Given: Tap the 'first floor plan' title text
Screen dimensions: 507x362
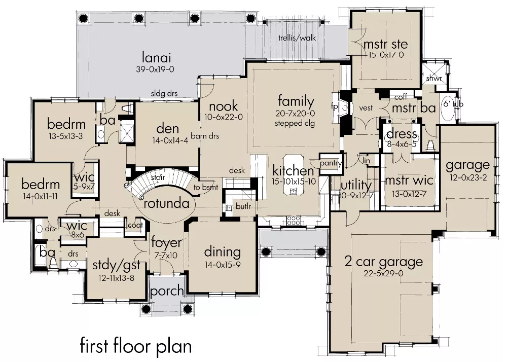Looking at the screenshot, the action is pos(136,346).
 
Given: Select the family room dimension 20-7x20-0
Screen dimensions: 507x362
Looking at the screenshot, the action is pos(295,114).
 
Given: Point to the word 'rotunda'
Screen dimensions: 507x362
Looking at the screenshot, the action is pos(166,203).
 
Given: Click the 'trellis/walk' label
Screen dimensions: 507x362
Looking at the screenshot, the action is pos(297,38).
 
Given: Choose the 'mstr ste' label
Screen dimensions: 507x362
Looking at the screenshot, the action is pos(385,44).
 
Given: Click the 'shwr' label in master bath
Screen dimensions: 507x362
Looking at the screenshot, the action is pos(433,79).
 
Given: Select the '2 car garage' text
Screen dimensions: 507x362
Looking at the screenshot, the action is pos(383,262).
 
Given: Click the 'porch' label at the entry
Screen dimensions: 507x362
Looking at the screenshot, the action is pos(167,291).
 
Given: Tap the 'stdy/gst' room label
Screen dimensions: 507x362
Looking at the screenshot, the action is pos(117,265).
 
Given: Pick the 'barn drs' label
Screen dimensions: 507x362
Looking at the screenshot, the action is pos(205,136).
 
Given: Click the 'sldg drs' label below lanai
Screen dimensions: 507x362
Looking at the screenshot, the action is pos(164,94).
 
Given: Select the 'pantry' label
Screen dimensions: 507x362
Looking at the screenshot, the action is pos(331,164).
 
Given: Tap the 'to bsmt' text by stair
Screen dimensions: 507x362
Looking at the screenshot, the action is pos(206,187).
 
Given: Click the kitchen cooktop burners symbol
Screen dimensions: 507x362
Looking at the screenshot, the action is pos(294,221).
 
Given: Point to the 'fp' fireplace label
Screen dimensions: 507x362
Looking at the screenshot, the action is pos(334,106).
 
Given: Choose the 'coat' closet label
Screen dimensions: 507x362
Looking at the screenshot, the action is pos(135,225).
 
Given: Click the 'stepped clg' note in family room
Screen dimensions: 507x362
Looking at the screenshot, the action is pos(295,124).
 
